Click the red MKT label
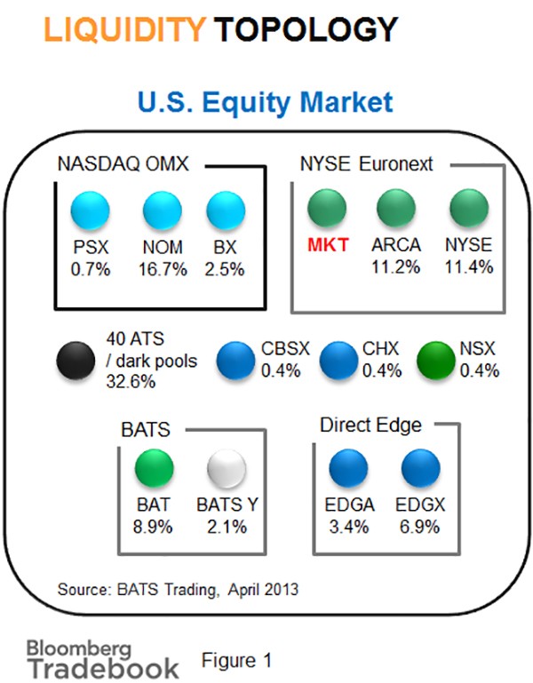coord(328,245)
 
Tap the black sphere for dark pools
coord(76,361)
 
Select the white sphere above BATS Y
coord(227,469)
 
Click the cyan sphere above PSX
coord(91,210)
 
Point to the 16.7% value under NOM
coord(163,269)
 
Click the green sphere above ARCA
coord(396,208)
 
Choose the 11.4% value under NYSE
coord(469,266)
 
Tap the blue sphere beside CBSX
coord(235,361)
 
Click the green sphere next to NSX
coord(436,361)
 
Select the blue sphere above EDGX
coord(420,468)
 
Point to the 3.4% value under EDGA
coord(349,527)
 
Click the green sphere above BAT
coord(155,468)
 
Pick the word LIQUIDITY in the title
coord(124,29)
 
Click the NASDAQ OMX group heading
coord(123,164)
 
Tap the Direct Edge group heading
coord(370,425)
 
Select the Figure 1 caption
coord(236,660)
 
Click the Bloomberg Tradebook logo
coord(103,659)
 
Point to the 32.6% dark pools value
coord(131,382)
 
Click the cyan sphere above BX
coord(226,210)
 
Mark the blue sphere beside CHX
coord(338,361)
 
